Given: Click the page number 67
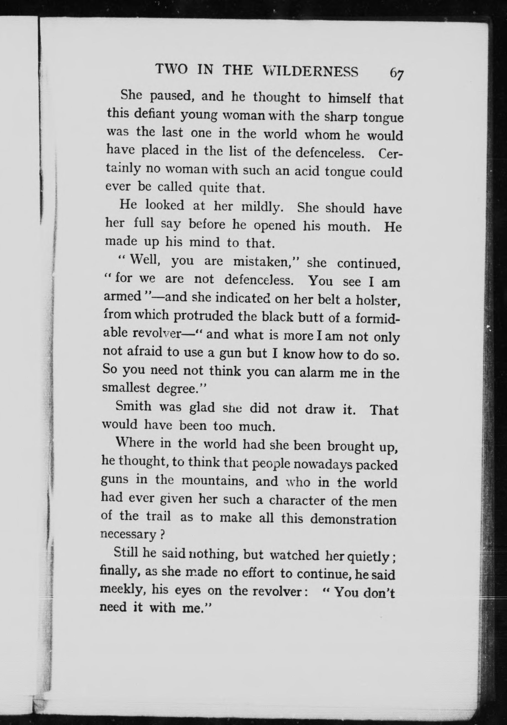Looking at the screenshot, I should pos(397,74).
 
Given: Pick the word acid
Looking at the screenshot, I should pos(306,171).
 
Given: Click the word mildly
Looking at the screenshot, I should pos(261,208).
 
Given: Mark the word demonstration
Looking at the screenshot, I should pos(353,519).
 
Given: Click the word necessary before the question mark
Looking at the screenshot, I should pos(128,534).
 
